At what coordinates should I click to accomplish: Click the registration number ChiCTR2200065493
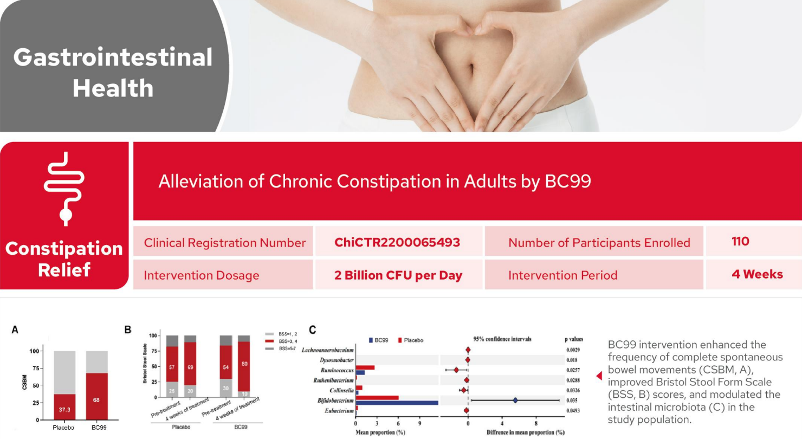pyautogui.click(x=397, y=242)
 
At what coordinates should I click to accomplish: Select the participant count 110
pyautogui.click(x=740, y=241)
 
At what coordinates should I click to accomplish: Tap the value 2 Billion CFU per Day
pyautogui.click(x=398, y=275)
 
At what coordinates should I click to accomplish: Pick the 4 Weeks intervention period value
pyautogui.click(x=757, y=274)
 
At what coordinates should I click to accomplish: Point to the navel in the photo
pyautogui.click(x=472, y=70)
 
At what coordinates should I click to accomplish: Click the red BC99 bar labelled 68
pyautogui.click(x=96, y=396)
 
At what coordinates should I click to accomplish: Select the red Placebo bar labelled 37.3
pyautogui.click(x=65, y=407)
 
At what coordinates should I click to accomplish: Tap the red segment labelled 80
pyautogui.click(x=244, y=366)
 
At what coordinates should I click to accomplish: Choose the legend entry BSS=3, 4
pyautogui.click(x=281, y=341)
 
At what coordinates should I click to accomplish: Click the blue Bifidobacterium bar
pyautogui.click(x=397, y=403)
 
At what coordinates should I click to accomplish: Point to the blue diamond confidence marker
pyautogui.click(x=515, y=401)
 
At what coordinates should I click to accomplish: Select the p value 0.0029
pyautogui.click(x=573, y=350)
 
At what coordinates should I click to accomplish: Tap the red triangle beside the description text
pyautogui.click(x=599, y=376)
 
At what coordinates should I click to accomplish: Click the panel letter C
pyautogui.click(x=312, y=330)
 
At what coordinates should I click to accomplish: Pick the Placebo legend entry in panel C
pyautogui.click(x=411, y=340)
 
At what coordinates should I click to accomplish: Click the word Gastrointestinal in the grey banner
pyautogui.click(x=113, y=57)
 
